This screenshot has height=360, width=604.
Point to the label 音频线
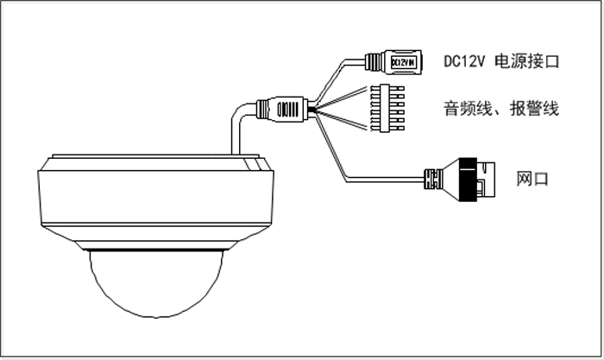(463, 109)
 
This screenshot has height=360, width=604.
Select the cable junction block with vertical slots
(291, 109)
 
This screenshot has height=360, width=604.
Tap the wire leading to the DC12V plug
(341, 69)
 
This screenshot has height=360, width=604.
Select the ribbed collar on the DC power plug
(374, 62)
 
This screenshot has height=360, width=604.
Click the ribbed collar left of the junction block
(263, 109)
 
